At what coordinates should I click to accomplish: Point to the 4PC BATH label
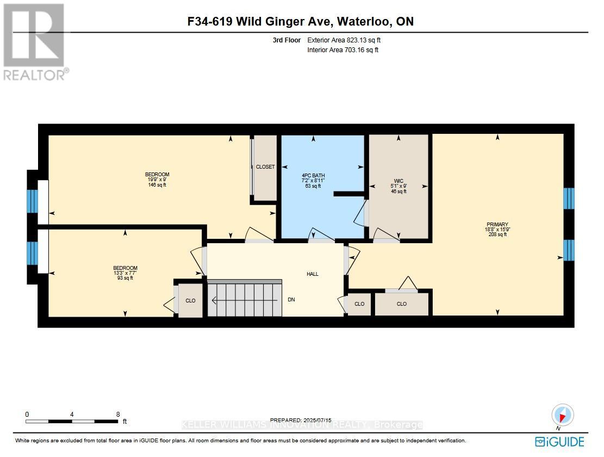[313, 176]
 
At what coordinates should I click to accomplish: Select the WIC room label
[399, 181]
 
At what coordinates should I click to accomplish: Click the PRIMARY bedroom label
[497, 225]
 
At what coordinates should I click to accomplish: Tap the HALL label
[312, 274]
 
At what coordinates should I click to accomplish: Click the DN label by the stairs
[291, 300]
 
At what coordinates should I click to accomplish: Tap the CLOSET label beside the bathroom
[265, 167]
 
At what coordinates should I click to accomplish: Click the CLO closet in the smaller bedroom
[190, 301]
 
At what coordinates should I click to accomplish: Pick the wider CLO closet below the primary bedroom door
[402, 304]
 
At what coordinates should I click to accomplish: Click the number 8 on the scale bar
[118, 414]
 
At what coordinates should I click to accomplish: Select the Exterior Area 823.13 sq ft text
[347, 40]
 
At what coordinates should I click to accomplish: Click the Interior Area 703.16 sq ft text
[343, 50]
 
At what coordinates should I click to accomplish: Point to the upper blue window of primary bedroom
[568, 199]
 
